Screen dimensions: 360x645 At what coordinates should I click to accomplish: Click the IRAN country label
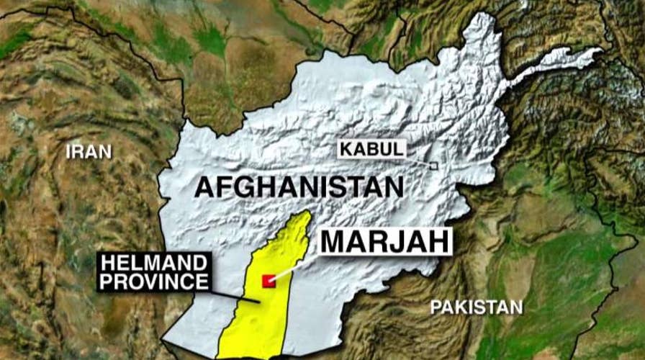click(x=89, y=151)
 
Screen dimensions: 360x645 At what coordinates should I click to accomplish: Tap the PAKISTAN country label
click(x=477, y=307)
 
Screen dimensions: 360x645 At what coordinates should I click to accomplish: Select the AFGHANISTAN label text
click(x=299, y=189)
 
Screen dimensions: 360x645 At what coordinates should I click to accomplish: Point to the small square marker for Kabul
click(x=433, y=166)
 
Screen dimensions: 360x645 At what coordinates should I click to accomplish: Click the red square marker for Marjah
click(x=269, y=281)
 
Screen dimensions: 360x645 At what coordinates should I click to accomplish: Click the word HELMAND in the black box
click(x=154, y=264)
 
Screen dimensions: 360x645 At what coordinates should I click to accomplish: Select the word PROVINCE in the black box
click(x=154, y=282)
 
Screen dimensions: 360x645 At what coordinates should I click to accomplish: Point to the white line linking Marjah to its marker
click(x=295, y=266)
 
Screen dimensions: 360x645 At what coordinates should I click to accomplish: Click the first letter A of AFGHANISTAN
click(x=205, y=189)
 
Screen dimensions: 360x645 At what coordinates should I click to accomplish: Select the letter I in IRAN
click(x=68, y=151)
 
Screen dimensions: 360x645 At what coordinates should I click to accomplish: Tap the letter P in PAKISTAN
click(x=436, y=307)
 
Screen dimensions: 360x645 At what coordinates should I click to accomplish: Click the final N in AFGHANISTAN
click(x=394, y=189)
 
